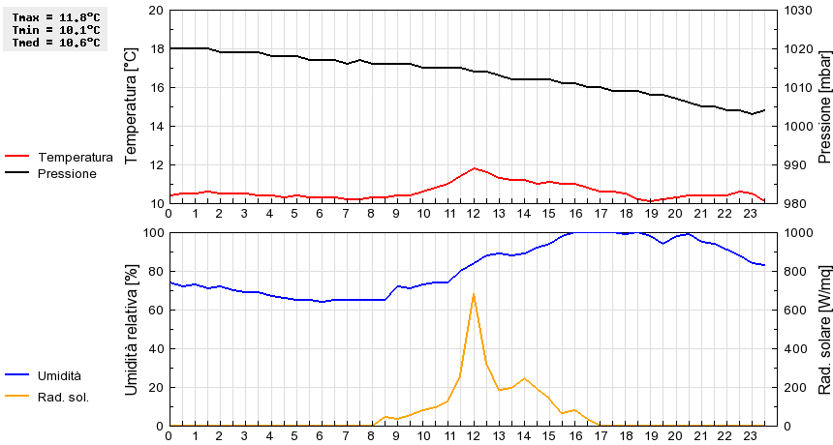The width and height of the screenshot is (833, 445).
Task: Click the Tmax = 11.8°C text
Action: tap(55, 17)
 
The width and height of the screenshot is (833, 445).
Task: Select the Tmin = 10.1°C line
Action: tap(55, 30)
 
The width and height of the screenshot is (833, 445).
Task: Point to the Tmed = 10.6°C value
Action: tap(55, 42)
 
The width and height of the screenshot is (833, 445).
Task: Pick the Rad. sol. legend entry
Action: tap(63, 397)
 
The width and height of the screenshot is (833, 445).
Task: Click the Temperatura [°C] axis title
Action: tap(132, 106)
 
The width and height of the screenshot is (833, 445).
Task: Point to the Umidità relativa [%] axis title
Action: tap(132, 329)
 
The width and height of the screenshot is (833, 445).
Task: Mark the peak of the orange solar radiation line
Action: tap(473, 293)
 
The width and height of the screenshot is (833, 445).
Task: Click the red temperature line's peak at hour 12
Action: tap(474, 168)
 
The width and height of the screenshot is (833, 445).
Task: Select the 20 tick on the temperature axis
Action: tap(157, 10)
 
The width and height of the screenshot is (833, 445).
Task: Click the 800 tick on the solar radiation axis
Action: tap(797, 271)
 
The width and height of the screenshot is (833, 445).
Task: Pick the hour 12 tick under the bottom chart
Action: tap(474, 435)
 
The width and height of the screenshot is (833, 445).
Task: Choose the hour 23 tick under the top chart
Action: tap(751, 213)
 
